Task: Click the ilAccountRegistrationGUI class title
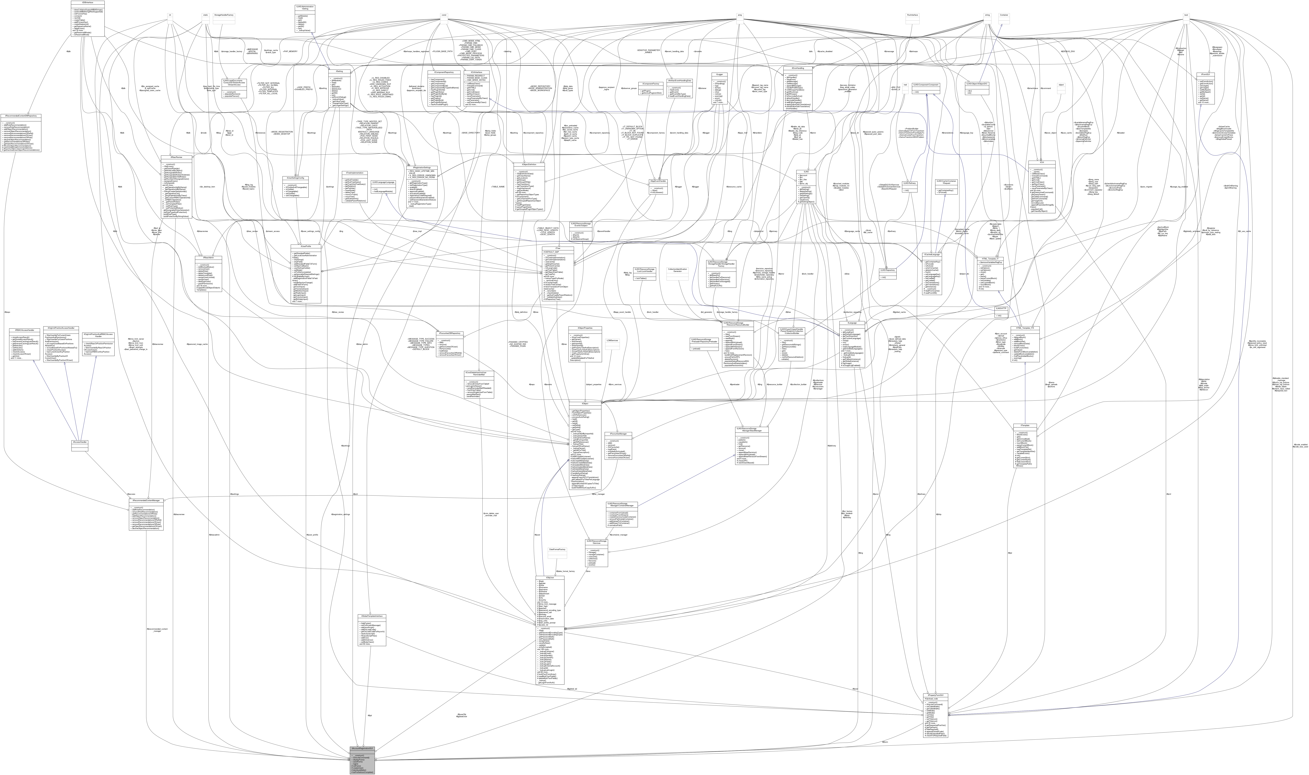tap(361, 749)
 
